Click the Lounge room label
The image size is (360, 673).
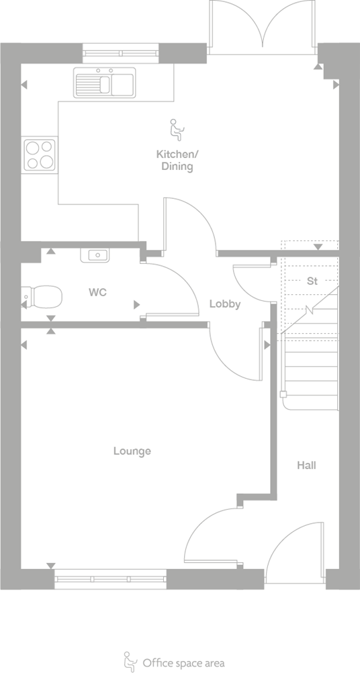pyautogui.click(x=132, y=451)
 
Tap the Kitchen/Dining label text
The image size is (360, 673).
pyautogui.click(x=177, y=160)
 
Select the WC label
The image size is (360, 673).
pyautogui.click(x=97, y=293)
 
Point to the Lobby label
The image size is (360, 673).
pyautogui.click(x=225, y=304)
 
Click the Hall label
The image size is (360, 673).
pyautogui.click(x=306, y=465)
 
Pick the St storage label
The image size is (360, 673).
pyautogui.click(x=312, y=281)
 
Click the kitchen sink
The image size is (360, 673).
pyautogui.click(x=104, y=83)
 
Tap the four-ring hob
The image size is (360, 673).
pyautogui.click(x=40, y=154)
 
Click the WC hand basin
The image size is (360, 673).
pyautogui.click(x=95, y=256)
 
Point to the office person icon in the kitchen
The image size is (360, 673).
pyautogui.click(x=176, y=130)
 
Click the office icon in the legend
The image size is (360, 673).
pyautogui.click(x=129, y=662)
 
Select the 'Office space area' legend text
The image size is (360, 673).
pyautogui.click(x=183, y=663)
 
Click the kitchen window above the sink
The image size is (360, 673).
pyautogui.click(x=121, y=54)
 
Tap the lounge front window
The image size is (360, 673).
pyautogui.click(x=111, y=579)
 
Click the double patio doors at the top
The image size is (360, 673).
pyautogui.click(x=263, y=28)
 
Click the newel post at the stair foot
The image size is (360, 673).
pyautogui.click(x=283, y=394)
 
